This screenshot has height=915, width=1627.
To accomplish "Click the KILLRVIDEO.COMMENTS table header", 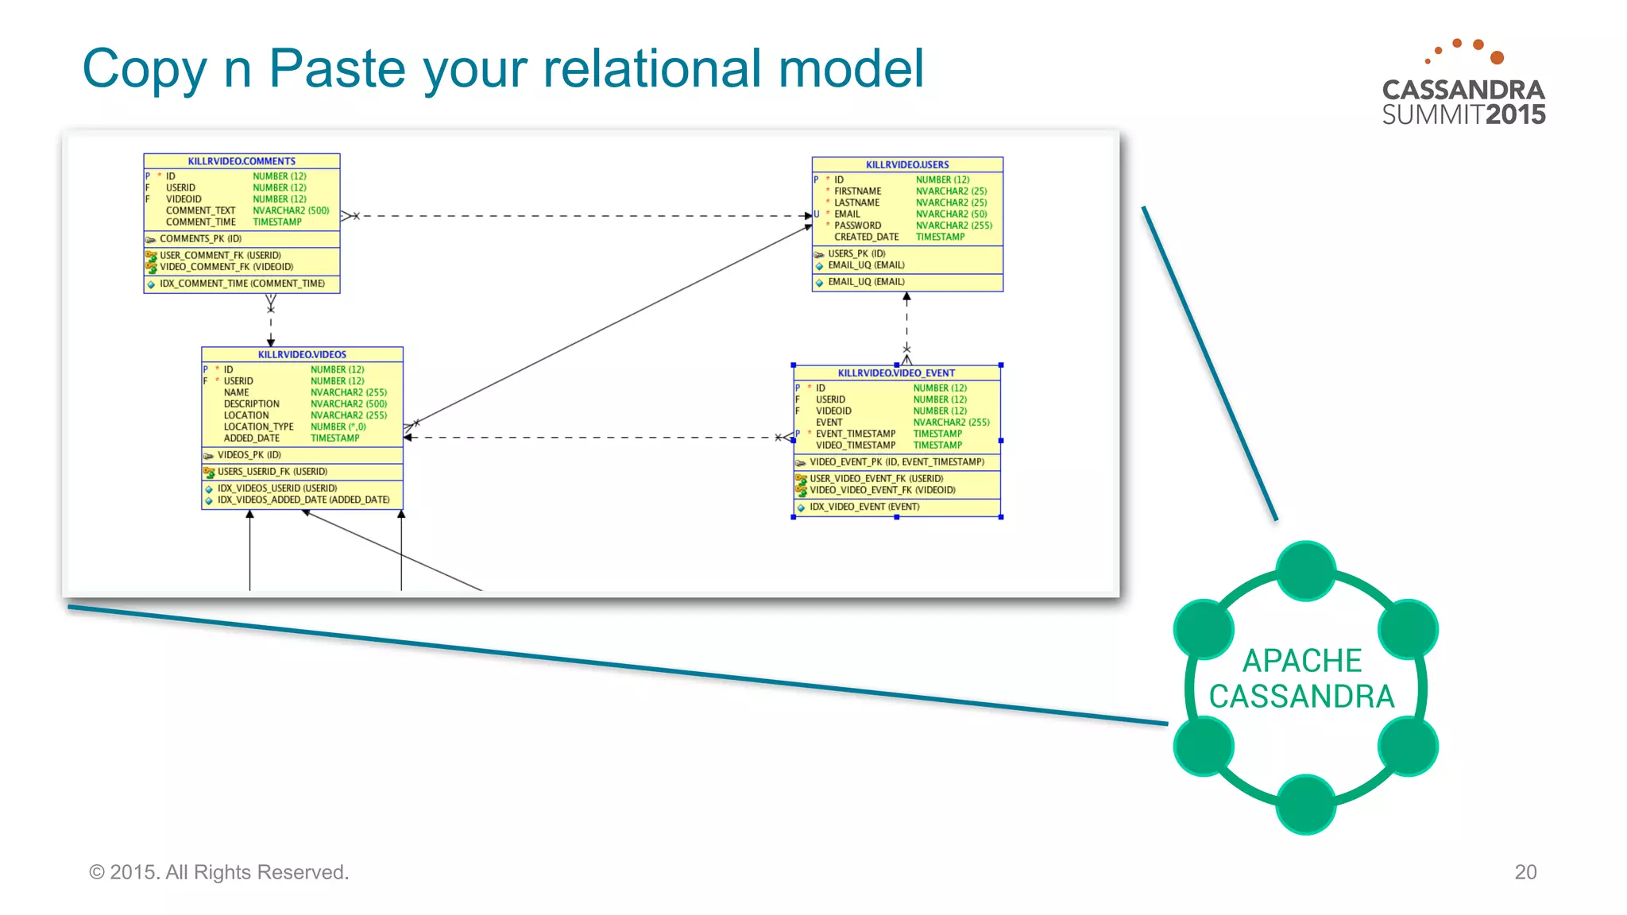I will (242, 160).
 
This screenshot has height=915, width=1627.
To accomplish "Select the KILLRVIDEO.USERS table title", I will (907, 164).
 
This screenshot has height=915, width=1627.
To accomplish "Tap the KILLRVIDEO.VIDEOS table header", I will (302, 354).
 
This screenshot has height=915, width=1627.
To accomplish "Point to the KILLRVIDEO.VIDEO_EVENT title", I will (896, 373).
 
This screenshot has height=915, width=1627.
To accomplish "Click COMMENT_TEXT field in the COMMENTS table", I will (200, 210).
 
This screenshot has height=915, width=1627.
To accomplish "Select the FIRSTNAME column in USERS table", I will (857, 191).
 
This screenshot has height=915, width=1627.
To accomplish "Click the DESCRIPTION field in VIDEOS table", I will (251, 403).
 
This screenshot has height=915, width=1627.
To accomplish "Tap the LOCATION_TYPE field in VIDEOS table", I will (258, 427).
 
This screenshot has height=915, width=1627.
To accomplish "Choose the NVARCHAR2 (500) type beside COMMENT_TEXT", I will (291, 210).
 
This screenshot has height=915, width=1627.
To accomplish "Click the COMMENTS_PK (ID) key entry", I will (200, 238).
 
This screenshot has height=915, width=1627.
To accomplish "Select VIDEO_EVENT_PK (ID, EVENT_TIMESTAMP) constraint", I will (897, 461).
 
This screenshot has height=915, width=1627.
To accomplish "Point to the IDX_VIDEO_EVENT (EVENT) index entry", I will (864, 507).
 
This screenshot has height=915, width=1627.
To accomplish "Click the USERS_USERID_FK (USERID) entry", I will (272, 471).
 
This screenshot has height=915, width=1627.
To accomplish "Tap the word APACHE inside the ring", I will (1301, 661).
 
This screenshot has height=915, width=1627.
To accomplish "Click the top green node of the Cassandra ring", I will (1305, 571).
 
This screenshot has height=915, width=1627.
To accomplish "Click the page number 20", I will (1525, 871).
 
